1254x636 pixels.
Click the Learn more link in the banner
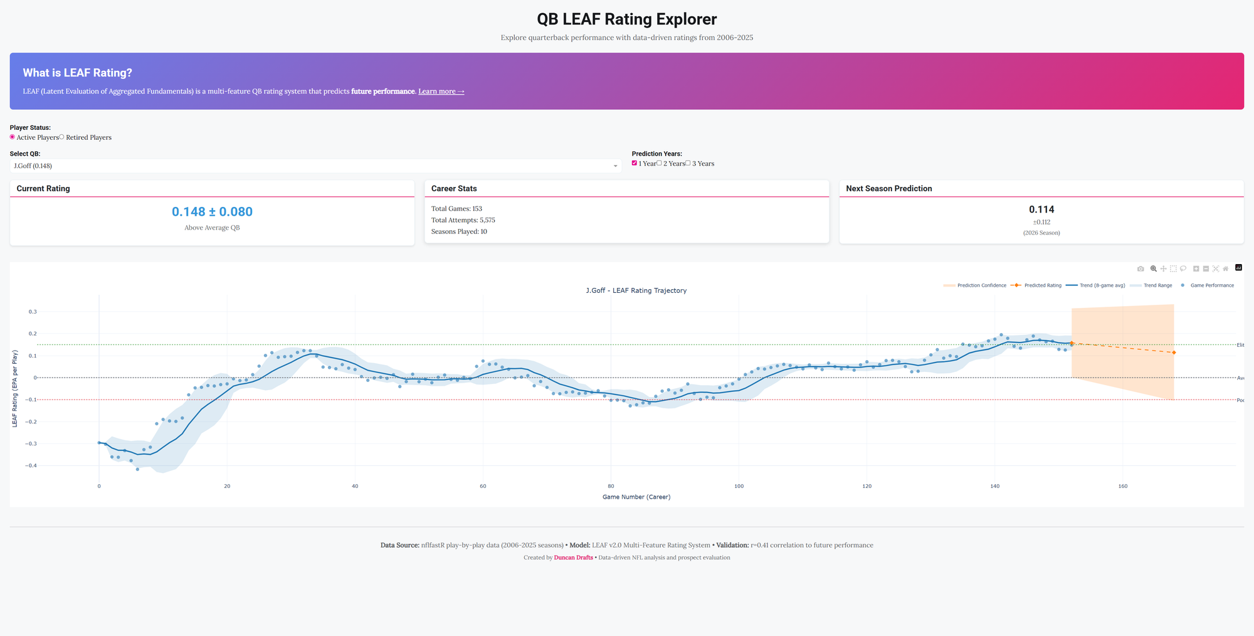[x=441, y=92]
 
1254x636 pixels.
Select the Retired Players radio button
[x=62, y=137]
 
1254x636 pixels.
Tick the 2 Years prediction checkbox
[x=659, y=163]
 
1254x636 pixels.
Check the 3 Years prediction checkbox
[x=688, y=163]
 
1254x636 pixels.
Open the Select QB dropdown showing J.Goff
[x=315, y=166]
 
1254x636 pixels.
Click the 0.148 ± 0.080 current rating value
[x=212, y=212]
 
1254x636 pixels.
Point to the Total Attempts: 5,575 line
[x=463, y=220]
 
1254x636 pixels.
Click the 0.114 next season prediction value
[x=1041, y=209]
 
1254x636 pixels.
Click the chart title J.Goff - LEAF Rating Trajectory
[x=636, y=290]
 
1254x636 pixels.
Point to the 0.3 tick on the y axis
[x=32, y=312]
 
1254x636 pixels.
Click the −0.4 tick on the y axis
[x=31, y=465]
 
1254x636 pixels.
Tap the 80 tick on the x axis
[x=611, y=486]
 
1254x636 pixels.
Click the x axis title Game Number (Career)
[x=636, y=497]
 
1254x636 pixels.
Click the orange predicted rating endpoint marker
[x=1174, y=352]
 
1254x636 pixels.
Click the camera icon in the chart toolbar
[x=1141, y=268]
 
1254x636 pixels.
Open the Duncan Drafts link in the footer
[x=573, y=558]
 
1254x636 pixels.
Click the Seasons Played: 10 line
[x=459, y=231]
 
